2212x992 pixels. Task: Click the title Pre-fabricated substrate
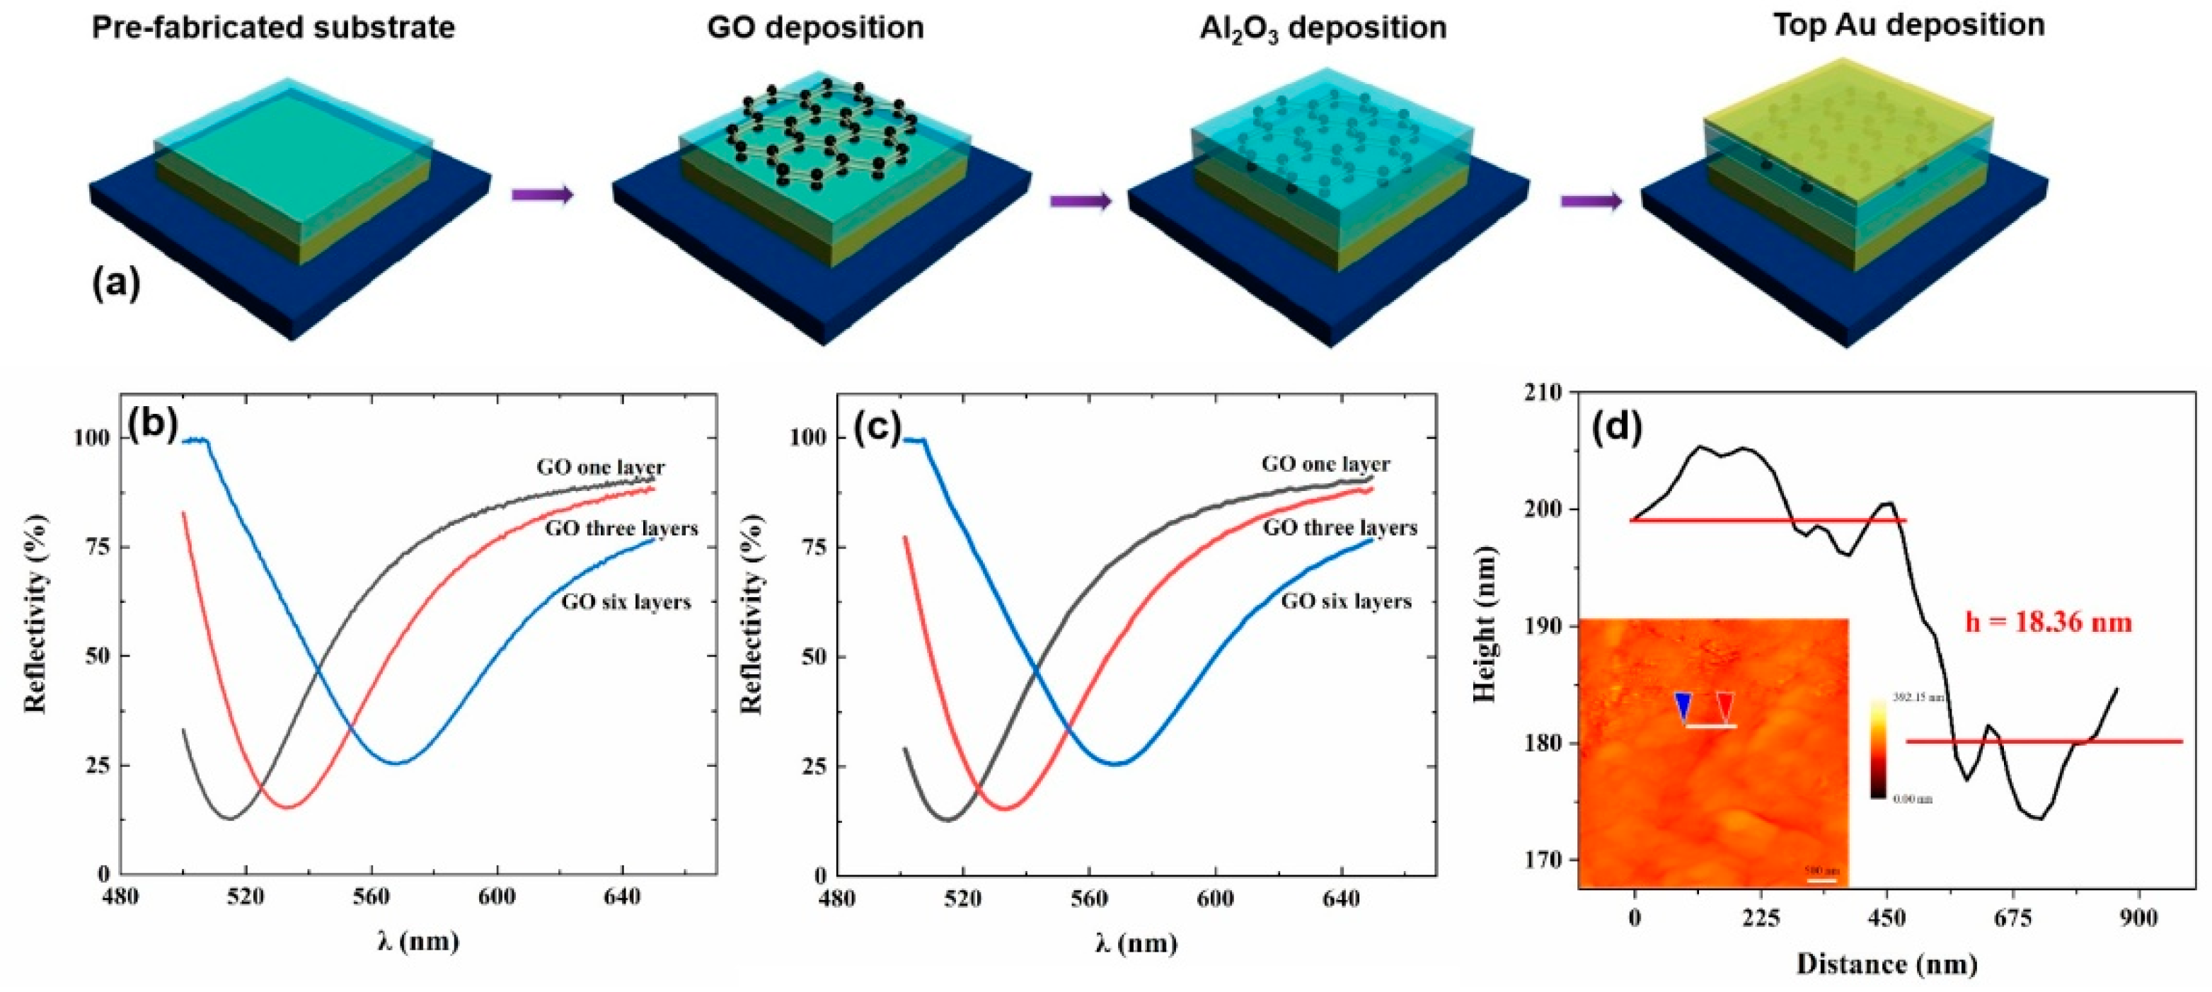click(273, 28)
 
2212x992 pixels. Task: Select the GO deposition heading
click(815, 28)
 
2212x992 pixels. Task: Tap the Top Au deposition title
click(1908, 25)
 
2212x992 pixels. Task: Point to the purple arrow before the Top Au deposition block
click(1591, 202)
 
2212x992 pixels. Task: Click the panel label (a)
click(116, 284)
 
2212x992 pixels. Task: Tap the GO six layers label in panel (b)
click(626, 602)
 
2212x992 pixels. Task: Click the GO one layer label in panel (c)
click(1325, 465)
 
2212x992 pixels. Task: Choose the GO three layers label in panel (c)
click(1340, 529)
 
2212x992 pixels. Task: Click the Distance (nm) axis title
click(1886, 964)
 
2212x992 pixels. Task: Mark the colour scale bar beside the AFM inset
click(1878, 749)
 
